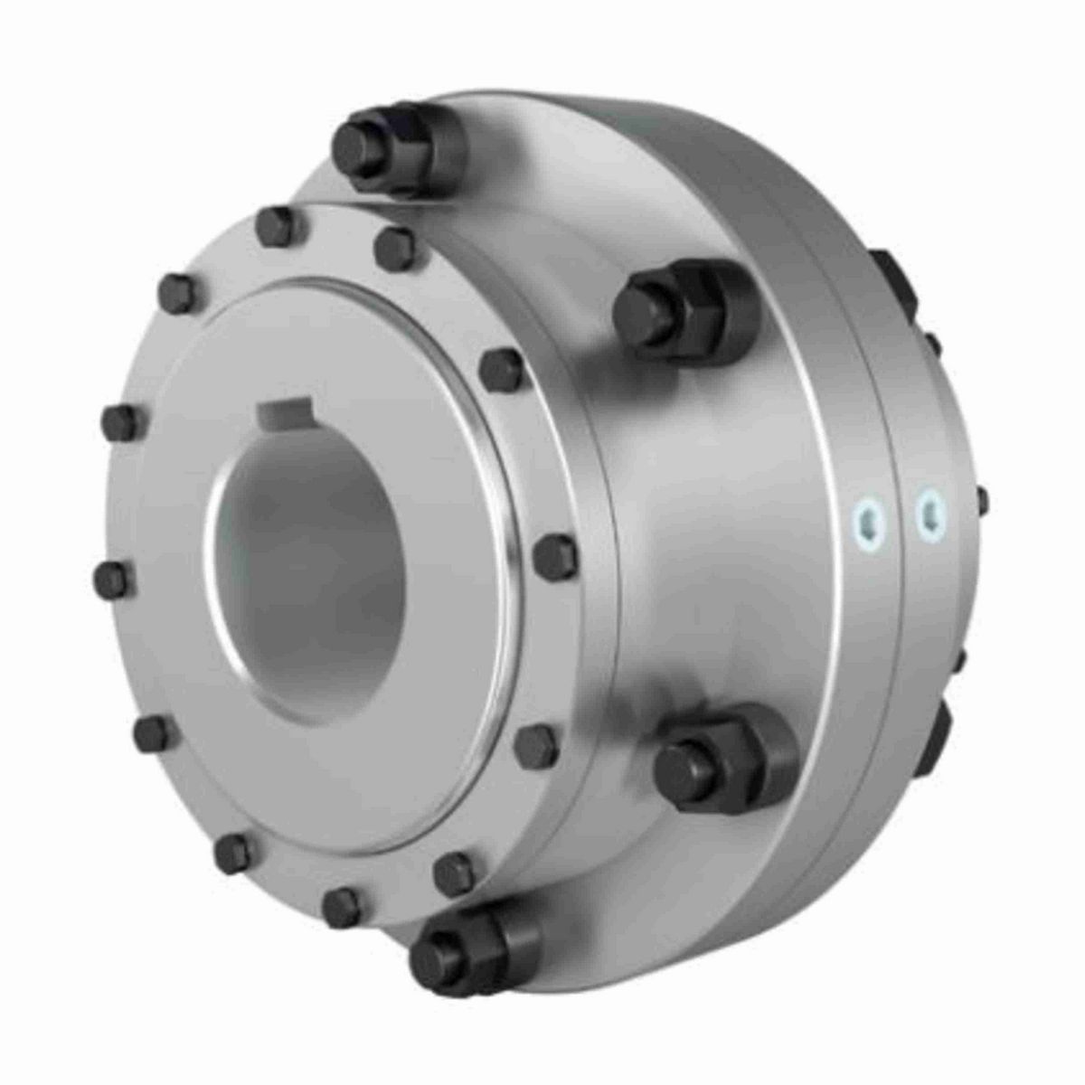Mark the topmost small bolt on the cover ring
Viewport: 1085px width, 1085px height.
[x=275, y=226]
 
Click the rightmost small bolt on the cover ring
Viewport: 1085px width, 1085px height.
[x=555, y=555]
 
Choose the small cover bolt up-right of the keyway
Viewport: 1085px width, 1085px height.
[x=502, y=370]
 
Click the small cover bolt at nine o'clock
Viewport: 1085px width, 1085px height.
[x=112, y=579]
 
